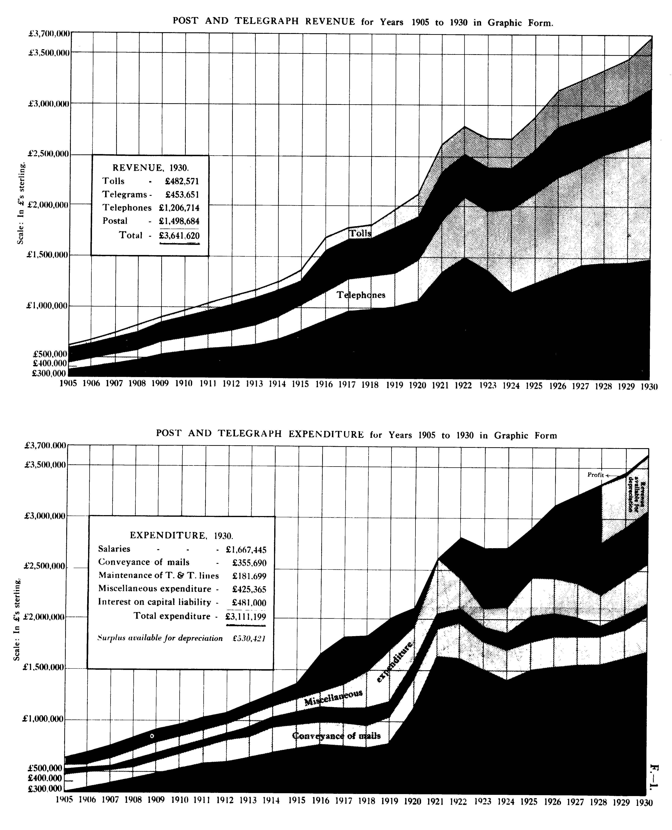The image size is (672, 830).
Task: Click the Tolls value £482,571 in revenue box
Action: [182, 181]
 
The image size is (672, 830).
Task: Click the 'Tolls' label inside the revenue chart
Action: [360, 233]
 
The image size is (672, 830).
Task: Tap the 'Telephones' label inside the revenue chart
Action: [361, 295]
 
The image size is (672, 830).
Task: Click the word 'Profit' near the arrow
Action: [595, 475]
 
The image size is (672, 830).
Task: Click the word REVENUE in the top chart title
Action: [330, 22]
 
